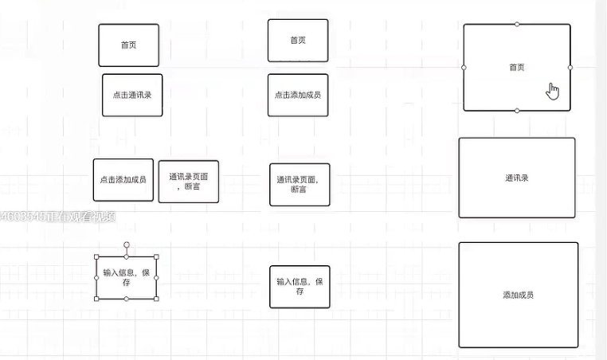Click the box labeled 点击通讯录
(x=132, y=95)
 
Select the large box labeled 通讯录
(x=516, y=178)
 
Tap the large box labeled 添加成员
(x=518, y=295)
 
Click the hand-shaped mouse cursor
(x=553, y=91)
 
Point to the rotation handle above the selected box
(x=126, y=245)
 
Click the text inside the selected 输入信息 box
(x=126, y=277)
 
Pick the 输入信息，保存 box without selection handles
(x=300, y=287)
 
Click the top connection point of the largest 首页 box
(x=517, y=24)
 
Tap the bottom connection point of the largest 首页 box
(x=517, y=111)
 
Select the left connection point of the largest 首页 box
(x=464, y=68)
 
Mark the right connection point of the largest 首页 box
(x=570, y=68)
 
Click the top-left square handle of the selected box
(x=97, y=256)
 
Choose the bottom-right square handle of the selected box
(x=155, y=299)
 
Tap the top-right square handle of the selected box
(x=155, y=256)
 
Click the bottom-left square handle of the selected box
(x=97, y=299)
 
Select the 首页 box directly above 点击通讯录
(x=128, y=45)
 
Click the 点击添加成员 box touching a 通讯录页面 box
(x=123, y=180)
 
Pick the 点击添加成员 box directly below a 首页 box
(x=298, y=95)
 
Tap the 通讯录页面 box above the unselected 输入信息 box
(x=299, y=185)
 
